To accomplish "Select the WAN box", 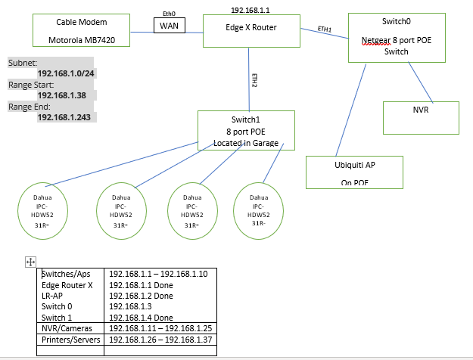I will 169,26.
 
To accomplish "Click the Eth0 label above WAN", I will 169,13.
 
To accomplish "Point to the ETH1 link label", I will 325,28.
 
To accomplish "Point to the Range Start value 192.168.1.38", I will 67,96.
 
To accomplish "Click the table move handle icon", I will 31,262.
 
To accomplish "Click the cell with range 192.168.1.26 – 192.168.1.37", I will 160,340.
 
